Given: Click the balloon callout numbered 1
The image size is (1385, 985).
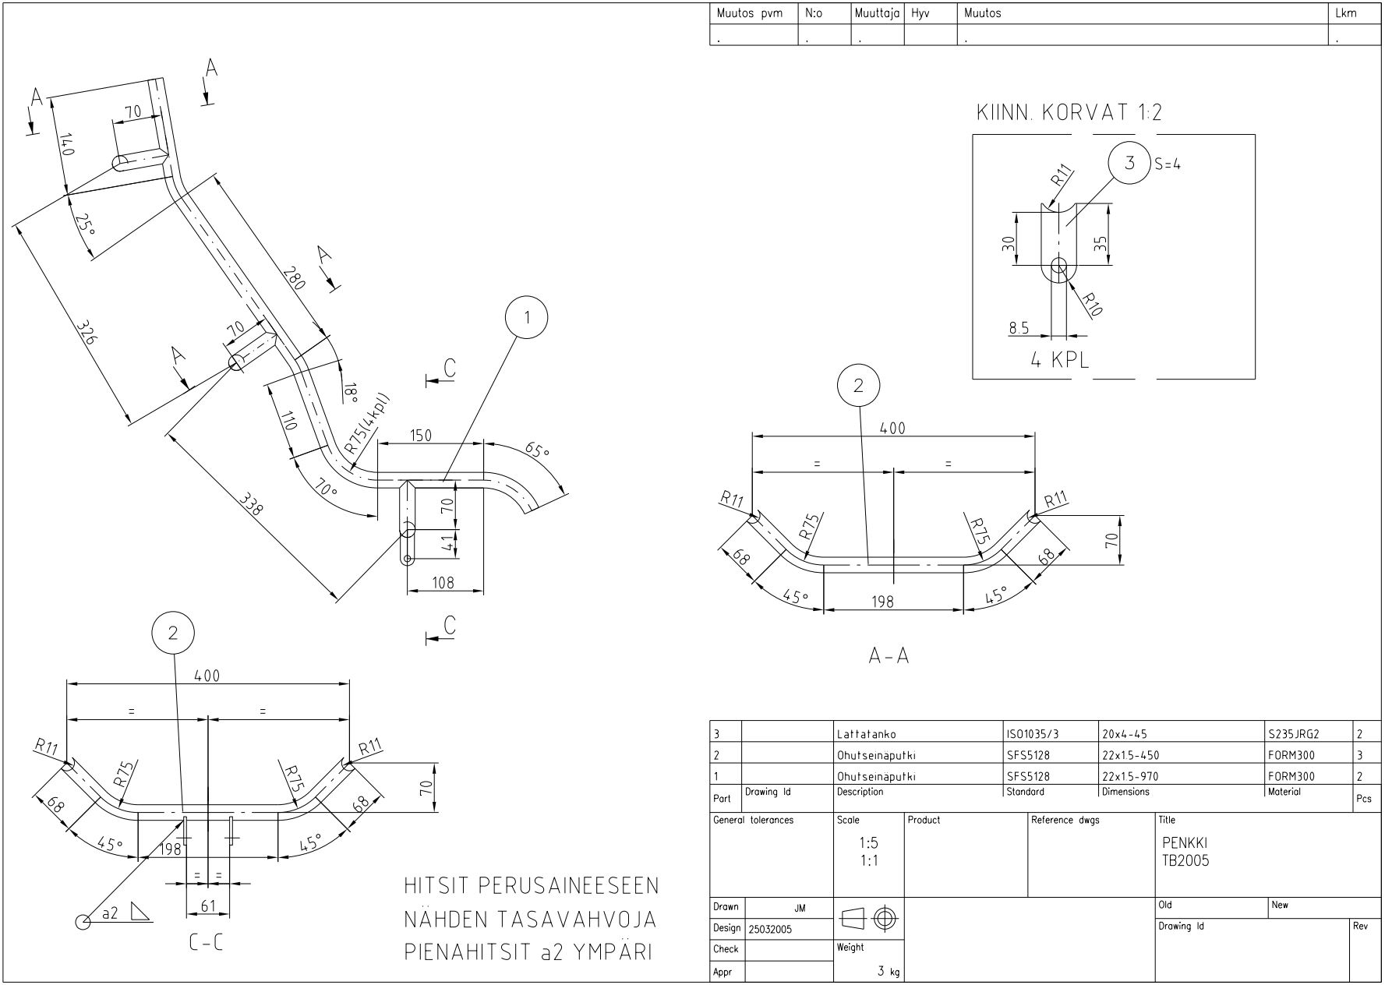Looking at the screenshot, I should point(527,317).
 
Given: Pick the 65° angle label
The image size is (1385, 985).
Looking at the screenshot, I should point(537,451).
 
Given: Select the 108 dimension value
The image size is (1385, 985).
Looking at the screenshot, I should point(443,581).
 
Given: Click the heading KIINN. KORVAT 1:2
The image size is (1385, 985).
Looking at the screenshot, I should point(1069,113).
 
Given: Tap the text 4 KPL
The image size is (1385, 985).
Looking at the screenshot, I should point(1060,360).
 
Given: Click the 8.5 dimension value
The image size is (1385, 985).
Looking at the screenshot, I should point(1019,328).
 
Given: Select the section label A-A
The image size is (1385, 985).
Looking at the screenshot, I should point(889,656).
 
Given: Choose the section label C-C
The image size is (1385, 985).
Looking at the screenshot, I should point(206,944).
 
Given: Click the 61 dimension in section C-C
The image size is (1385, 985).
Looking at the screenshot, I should point(208,906).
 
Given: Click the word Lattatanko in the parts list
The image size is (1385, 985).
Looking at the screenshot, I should point(866,734).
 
